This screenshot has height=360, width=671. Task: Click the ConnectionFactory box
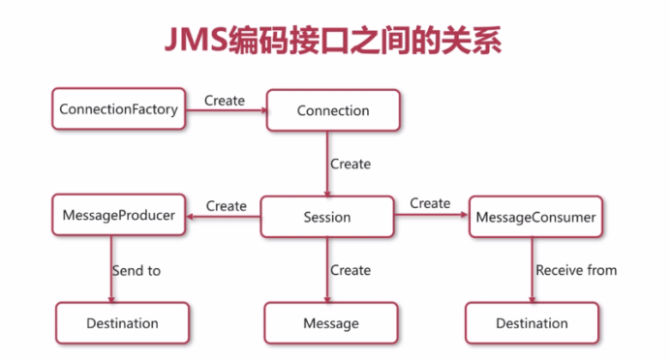[x=118, y=110]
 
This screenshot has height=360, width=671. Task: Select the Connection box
[x=333, y=111]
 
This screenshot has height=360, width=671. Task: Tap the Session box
[x=327, y=217]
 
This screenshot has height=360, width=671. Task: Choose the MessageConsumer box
[x=535, y=218]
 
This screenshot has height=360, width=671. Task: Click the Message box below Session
[x=331, y=322]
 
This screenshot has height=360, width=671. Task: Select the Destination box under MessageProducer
[x=120, y=322]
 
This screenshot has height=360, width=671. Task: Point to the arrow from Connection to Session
[x=327, y=164]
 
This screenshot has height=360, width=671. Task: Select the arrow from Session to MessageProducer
[x=224, y=217]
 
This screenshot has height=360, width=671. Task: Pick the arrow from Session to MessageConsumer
[x=431, y=217]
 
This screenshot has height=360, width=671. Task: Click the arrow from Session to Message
[x=327, y=270]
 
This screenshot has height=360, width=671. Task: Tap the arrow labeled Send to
[x=110, y=270]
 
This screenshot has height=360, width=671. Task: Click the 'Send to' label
[x=137, y=271]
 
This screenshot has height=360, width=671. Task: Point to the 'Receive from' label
[x=577, y=270]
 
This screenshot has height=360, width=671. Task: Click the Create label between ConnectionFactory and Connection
[x=225, y=100]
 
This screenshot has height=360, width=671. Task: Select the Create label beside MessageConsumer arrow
[x=430, y=203]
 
